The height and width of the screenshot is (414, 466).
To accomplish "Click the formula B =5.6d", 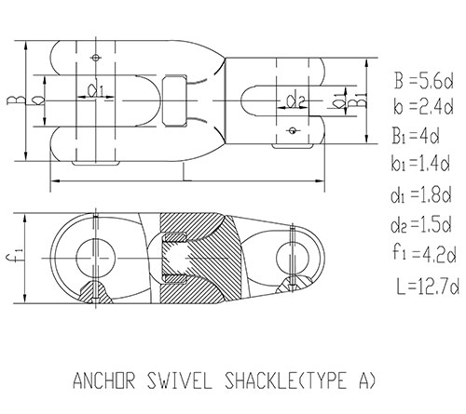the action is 424,80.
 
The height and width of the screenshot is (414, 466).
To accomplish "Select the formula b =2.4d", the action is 423,107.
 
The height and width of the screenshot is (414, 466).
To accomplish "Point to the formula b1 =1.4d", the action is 420,163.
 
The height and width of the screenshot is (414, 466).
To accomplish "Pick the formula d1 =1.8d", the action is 421,195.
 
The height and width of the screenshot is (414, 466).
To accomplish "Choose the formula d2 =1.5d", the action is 421,224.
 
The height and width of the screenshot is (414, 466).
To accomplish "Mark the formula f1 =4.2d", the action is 424,253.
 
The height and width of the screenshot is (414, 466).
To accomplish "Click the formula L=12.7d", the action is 428,287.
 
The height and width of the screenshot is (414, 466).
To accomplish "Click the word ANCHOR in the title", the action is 104,381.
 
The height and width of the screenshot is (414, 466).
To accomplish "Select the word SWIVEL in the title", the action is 180,381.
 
